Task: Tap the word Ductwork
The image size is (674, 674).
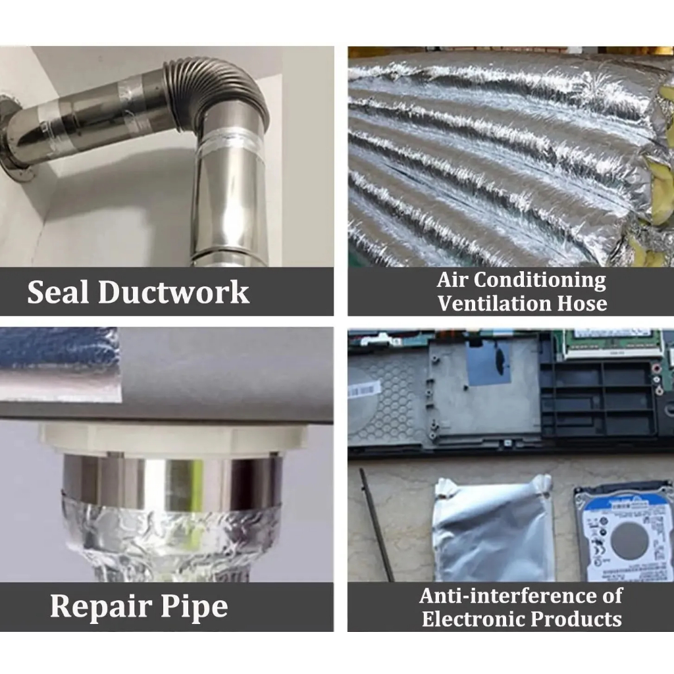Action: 174,292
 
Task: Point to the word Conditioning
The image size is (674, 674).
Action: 540,281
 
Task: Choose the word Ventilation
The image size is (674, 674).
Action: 494,303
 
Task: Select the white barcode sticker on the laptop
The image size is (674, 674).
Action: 365,390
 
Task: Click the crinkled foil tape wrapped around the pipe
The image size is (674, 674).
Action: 171,537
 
